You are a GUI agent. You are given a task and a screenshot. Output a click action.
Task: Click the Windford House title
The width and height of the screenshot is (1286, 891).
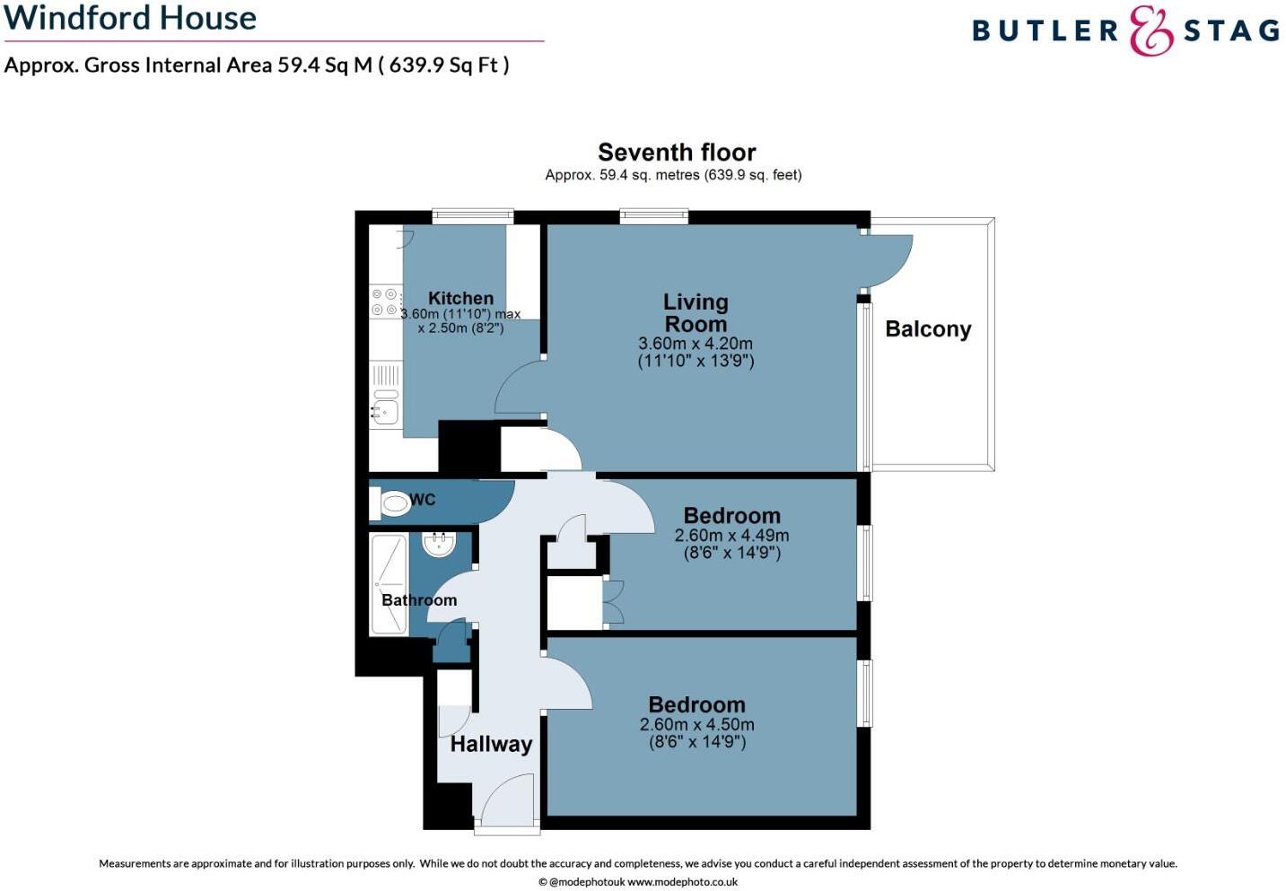click(130, 18)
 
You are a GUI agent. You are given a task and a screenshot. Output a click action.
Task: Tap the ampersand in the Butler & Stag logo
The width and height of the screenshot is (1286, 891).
click(1150, 31)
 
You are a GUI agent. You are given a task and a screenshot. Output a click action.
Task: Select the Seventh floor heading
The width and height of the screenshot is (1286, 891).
click(677, 153)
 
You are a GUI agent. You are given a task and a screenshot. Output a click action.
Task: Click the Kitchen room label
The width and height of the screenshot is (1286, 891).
click(460, 298)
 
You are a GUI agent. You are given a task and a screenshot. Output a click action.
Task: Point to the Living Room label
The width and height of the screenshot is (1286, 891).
click(695, 313)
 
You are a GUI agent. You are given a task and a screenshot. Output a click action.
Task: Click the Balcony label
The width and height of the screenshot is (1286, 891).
click(928, 329)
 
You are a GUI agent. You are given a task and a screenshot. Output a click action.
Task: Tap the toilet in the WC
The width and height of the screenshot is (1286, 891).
click(394, 503)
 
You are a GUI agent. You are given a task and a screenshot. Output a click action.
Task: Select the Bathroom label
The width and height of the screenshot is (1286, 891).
click(419, 600)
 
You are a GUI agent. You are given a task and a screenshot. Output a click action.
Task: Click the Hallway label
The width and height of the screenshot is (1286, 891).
click(491, 744)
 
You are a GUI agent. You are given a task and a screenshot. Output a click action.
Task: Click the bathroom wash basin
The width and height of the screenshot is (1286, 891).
click(439, 544)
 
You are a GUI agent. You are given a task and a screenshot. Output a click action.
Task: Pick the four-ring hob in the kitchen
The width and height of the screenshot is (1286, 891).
click(385, 302)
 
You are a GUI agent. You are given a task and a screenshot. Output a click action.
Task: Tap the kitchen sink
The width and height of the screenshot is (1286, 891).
click(385, 411)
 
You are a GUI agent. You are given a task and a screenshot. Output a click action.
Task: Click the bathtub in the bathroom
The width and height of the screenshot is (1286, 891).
click(389, 584)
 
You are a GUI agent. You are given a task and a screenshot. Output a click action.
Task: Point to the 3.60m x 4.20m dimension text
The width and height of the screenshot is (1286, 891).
click(695, 344)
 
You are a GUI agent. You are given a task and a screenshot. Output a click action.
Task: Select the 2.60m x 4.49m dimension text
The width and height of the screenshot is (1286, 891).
click(731, 536)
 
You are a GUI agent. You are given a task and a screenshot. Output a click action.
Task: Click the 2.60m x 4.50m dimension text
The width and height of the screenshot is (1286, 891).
click(696, 725)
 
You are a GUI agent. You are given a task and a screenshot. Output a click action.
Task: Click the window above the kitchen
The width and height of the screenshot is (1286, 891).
click(472, 215)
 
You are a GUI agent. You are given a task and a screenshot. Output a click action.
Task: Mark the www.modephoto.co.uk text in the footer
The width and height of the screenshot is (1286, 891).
click(682, 882)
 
